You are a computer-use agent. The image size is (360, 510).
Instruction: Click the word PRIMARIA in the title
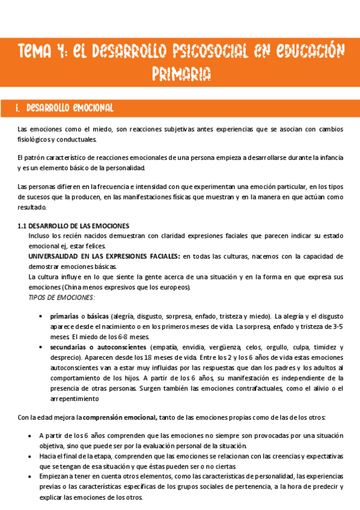[x=180, y=74]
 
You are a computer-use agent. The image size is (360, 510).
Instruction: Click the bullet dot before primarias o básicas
[x=40, y=316]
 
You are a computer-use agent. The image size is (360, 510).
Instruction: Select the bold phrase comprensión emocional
[x=120, y=417]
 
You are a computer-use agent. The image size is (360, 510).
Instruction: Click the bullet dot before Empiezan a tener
[x=31, y=476]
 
